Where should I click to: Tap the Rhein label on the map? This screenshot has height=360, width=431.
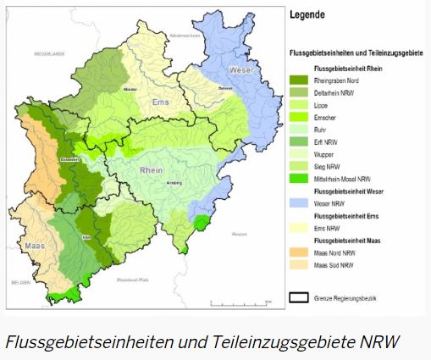(152, 170)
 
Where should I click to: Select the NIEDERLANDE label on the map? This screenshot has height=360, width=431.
(49, 53)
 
